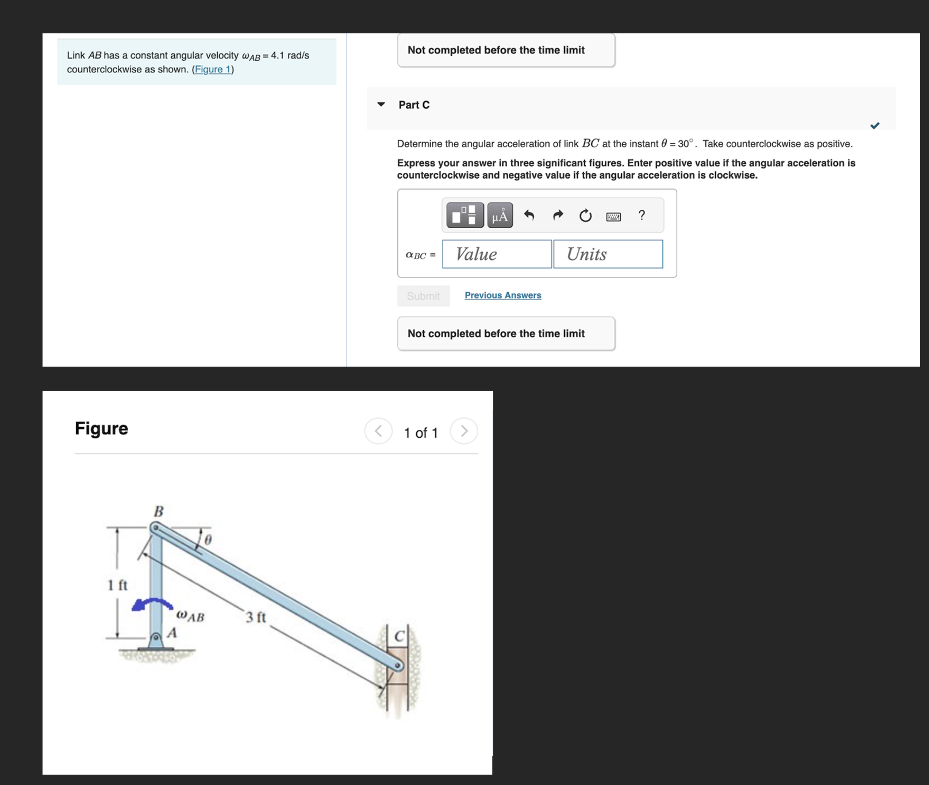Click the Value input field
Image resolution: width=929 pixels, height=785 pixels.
(497, 254)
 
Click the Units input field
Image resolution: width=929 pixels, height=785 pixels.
(608, 254)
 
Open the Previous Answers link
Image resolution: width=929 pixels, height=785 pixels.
(502, 295)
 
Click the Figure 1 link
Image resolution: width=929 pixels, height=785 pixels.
(213, 70)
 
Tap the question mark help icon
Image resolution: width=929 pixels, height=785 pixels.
(642, 216)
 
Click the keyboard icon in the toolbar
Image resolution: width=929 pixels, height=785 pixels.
(613, 217)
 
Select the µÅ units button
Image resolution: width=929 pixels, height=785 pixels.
(500, 216)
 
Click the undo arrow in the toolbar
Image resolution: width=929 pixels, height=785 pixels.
(529, 216)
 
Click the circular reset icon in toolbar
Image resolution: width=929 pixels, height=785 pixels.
(585, 216)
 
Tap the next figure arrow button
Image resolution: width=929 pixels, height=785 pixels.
(464, 431)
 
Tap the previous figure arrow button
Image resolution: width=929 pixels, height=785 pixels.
(378, 431)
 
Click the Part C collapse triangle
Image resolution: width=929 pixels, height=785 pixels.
(381, 105)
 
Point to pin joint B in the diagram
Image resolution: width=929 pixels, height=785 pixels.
(155, 527)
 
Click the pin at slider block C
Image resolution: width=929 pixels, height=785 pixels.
(397, 665)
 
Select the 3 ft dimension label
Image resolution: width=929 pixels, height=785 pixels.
(256, 618)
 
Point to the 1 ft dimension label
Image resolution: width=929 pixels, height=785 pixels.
(118, 585)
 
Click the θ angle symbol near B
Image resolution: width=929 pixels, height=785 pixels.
(208, 540)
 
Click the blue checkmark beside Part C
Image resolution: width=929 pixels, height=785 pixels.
(874, 125)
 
